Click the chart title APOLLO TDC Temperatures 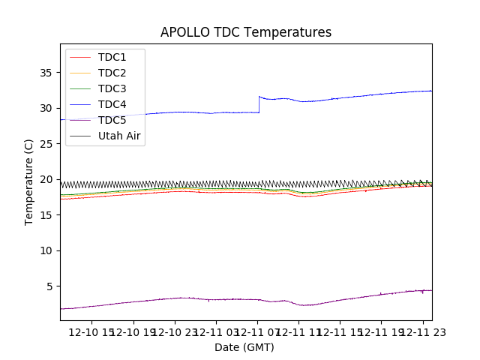pos(245,32)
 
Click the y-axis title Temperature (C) pos(29,181)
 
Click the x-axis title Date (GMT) pos(244,347)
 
